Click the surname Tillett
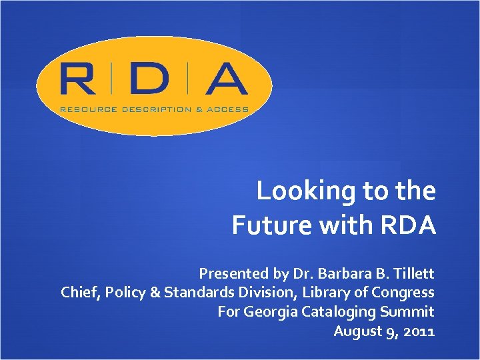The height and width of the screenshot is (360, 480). [413, 273]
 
